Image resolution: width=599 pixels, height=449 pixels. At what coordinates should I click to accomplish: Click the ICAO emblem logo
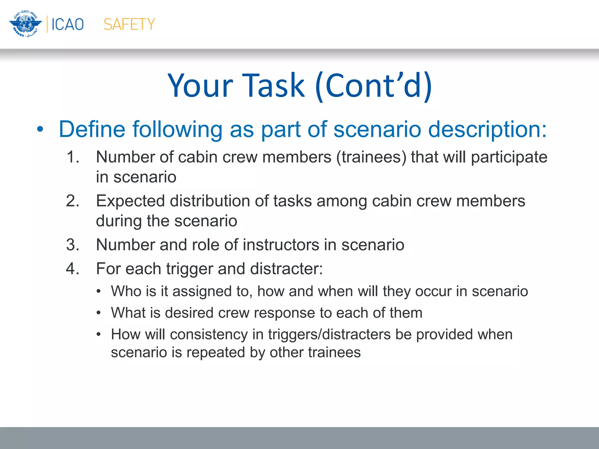tap(25, 24)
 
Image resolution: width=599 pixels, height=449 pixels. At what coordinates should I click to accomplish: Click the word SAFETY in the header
tap(129, 24)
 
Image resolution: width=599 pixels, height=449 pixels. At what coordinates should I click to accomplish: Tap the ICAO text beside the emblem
tap(68, 24)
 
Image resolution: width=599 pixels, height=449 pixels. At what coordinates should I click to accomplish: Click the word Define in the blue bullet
tap(92, 129)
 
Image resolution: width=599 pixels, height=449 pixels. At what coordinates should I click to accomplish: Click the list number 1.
tap(73, 157)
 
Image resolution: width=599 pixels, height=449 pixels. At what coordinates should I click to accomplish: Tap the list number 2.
tap(73, 201)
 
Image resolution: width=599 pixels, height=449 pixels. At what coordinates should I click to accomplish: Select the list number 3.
tap(73, 245)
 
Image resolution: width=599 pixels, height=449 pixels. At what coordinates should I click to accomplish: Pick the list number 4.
tap(73, 269)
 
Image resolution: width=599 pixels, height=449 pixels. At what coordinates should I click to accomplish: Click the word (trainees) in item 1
tap(371, 157)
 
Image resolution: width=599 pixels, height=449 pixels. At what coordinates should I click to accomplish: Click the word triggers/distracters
tap(329, 334)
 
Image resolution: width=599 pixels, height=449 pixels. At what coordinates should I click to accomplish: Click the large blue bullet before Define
tap(40, 129)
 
